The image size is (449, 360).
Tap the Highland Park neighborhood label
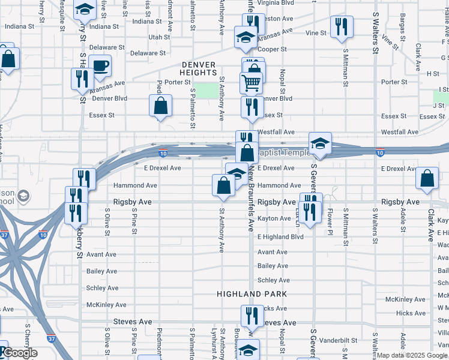coord(252,294)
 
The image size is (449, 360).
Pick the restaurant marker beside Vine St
coord(341,26)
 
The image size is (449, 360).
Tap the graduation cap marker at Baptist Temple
coord(320,143)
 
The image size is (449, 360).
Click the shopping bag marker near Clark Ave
coord(426,178)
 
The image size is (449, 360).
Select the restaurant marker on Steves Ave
coord(252,316)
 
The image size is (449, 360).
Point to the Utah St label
coord(159,37)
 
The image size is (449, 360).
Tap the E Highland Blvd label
coord(280,236)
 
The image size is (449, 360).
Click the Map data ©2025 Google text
coord(411,355)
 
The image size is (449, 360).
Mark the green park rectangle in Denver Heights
coord(208,91)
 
